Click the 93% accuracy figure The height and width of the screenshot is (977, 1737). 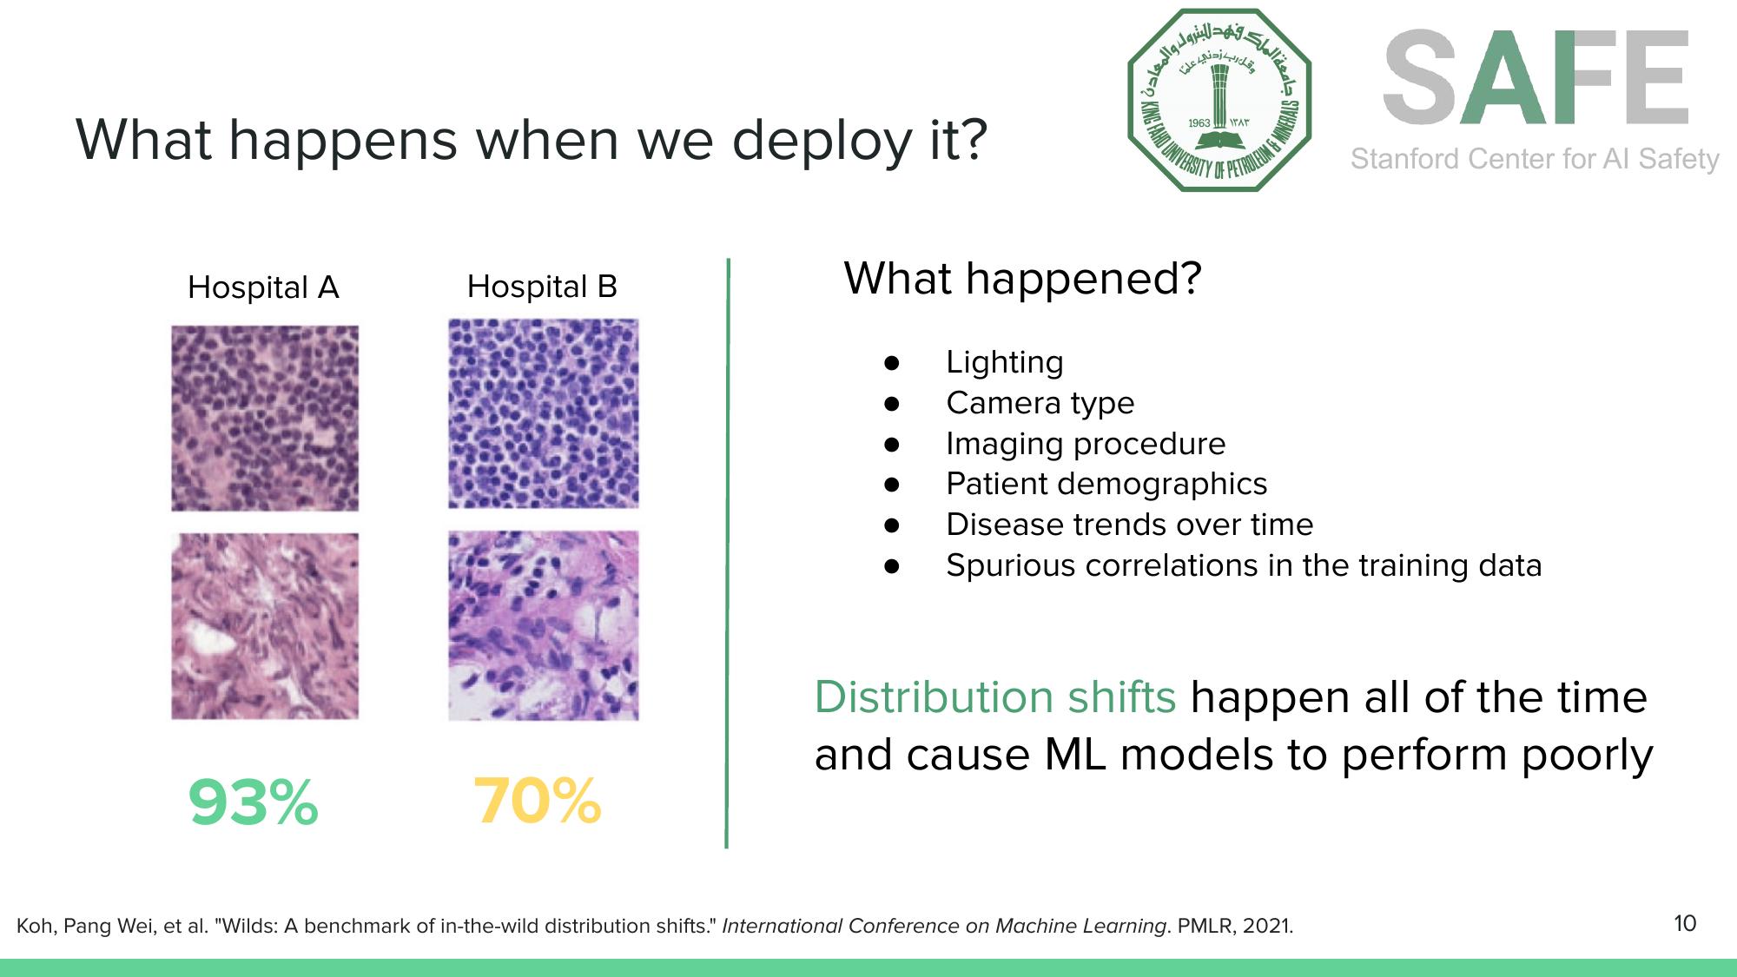tap(253, 802)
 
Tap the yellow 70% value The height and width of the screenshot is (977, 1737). tap(537, 801)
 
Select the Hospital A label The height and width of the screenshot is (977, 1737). tap(263, 287)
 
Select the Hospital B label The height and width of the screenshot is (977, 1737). tap(542, 287)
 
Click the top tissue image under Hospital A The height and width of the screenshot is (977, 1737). tap(265, 418)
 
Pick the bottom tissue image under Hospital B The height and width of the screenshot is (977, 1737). tap(544, 625)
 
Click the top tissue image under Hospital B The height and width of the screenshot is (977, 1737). tap(544, 413)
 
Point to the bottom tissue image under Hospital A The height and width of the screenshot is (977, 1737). tap(265, 625)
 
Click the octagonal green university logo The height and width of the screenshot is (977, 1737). tap(1219, 100)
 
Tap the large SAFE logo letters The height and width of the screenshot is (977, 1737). tap(1535, 78)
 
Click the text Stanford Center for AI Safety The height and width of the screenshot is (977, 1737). tap(1535, 159)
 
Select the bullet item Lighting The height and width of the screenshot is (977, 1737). tap(1004, 362)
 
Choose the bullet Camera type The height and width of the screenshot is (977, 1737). tap(1040, 403)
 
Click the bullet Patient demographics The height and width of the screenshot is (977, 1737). tap(1106, 484)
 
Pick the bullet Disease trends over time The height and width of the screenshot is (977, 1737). tap(1129, 525)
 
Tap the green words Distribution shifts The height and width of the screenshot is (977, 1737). tap(994, 697)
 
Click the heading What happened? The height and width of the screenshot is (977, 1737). tap(1022, 279)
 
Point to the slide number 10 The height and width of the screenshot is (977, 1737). tap(1684, 923)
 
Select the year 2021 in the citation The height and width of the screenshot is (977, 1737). tap(1266, 926)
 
